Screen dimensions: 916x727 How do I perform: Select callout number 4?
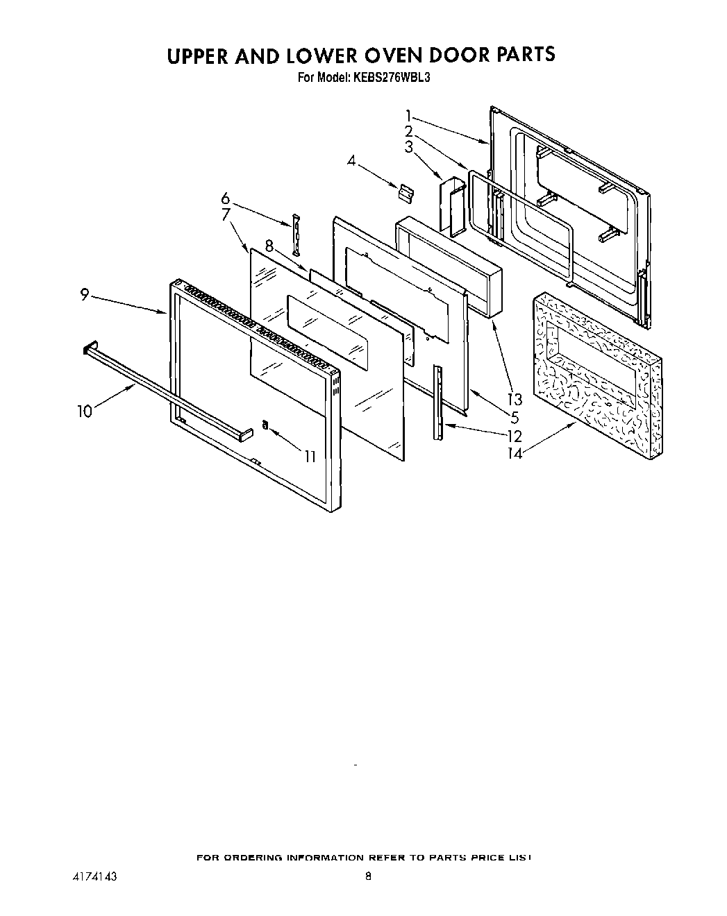pyautogui.click(x=352, y=162)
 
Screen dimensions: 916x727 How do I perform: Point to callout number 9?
pyautogui.click(x=84, y=295)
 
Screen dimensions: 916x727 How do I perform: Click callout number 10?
pyautogui.click(x=84, y=412)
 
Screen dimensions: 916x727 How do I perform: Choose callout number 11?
pyautogui.click(x=310, y=456)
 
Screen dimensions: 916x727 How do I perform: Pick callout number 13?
pyautogui.click(x=515, y=400)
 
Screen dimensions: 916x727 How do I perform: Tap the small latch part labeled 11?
pyautogui.click(x=265, y=425)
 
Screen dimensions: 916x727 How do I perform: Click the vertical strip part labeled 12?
pyautogui.click(x=437, y=402)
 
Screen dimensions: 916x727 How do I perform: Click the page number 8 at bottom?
pyautogui.click(x=368, y=876)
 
